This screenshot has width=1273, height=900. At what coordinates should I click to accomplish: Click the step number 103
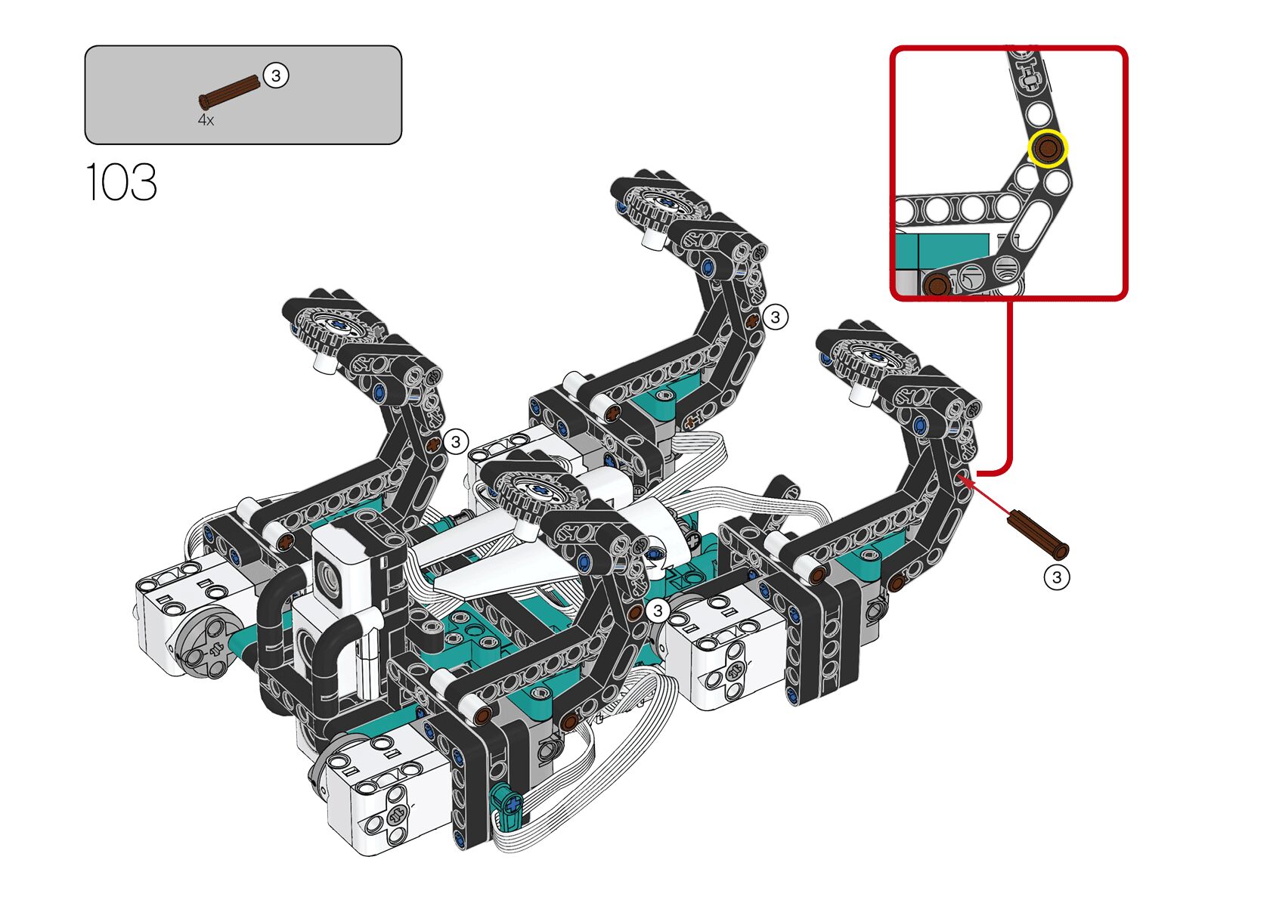point(121,182)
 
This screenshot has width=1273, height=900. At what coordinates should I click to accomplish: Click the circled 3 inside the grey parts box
point(276,76)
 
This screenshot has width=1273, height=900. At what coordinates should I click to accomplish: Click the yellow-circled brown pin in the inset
point(1047,148)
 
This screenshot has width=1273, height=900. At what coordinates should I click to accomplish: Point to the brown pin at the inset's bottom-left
point(937,285)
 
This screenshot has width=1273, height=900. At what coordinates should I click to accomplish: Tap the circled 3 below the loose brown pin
point(1056,577)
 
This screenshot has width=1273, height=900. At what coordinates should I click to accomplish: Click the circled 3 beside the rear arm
point(775,317)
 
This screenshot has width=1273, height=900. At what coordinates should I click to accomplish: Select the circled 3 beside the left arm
point(455,441)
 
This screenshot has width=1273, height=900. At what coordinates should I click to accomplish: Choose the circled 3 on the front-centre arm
point(658,610)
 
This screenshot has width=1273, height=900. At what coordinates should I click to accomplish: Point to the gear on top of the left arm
point(336,327)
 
